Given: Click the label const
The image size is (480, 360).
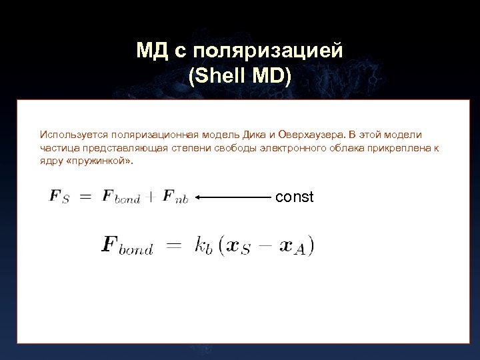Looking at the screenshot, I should click(294, 197).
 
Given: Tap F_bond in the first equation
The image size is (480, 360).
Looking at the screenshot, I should click(121, 197).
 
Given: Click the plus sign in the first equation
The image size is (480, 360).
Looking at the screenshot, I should click(151, 197).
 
